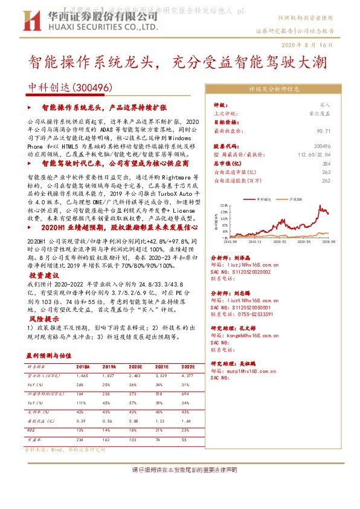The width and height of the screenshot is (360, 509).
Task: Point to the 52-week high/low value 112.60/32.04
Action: (x=314, y=155)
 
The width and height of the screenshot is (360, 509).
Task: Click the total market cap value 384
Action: (x=327, y=164)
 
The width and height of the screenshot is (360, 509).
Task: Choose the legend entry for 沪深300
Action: (x=297, y=198)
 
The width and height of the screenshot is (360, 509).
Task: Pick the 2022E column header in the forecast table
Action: (x=188, y=366)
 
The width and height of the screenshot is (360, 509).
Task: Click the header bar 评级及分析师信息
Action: (x=274, y=89)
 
